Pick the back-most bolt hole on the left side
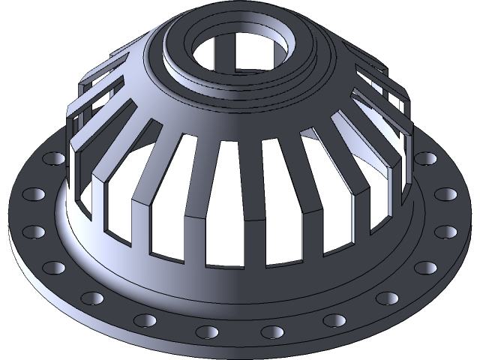[55, 159]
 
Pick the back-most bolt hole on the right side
[426, 159]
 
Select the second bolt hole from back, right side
[444, 194]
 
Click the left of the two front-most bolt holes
[205, 331]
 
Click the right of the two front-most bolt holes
[274, 331]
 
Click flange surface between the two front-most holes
[240, 330]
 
